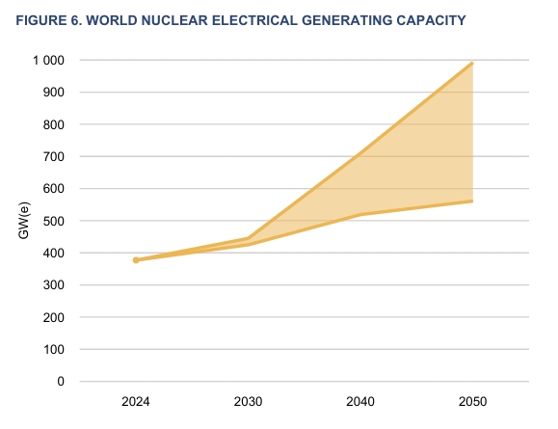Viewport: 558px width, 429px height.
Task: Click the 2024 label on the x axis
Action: click(136, 401)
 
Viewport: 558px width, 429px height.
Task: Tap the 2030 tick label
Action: click(248, 401)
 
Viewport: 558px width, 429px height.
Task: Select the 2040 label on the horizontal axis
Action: click(360, 401)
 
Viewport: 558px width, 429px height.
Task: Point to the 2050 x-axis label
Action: click(472, 401)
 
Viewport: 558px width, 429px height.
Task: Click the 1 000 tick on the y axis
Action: click(47, 61)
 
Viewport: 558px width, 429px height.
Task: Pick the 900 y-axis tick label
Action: click(53, 93)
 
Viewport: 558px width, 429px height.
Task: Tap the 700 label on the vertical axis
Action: click(53, 157)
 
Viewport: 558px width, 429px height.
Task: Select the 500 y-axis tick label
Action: click(53, 221)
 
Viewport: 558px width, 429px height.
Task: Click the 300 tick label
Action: click(53, 285)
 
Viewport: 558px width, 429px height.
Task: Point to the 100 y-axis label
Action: click(53, 349)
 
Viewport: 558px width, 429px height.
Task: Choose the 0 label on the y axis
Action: click(60, 382)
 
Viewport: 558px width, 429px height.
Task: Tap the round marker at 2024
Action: click(136, 260)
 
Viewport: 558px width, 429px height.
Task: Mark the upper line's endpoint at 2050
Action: click(472, 64)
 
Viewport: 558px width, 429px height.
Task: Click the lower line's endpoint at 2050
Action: click(472, 201)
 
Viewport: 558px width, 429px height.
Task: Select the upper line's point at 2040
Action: click(360, 154)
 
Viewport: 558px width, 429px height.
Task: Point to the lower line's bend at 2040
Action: click(360, 214)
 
